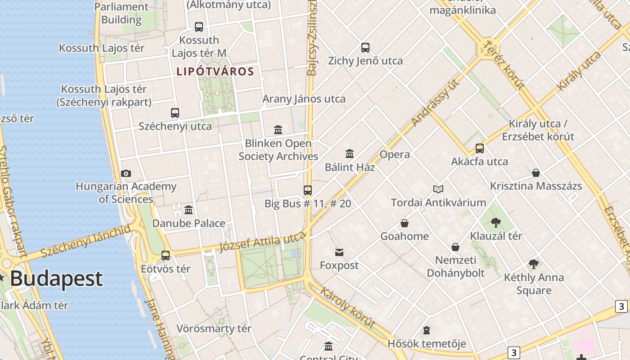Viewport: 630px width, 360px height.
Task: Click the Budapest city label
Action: [57, 279]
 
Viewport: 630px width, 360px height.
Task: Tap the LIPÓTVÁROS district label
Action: [215, 72]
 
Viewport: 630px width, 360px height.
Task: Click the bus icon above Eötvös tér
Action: [166, 256]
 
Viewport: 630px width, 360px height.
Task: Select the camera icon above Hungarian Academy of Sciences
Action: [126, 173]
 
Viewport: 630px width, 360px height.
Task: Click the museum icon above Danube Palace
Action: [189, 210]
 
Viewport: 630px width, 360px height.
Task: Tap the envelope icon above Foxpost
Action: [339, 252]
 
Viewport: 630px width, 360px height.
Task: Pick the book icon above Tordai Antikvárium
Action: [438, 189]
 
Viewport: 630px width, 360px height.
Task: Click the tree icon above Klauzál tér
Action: [496, 222]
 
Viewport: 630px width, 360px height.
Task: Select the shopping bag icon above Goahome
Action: [405, 223]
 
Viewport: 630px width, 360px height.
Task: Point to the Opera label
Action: [395, 155]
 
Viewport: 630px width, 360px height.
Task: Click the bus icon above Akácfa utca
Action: [480, 148]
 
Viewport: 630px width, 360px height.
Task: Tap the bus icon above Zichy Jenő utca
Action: [365, 47]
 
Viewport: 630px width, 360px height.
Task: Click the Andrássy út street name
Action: [436, 103]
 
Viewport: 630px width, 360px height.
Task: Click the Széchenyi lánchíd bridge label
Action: [85, 241]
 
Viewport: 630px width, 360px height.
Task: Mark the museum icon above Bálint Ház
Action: [350, 154]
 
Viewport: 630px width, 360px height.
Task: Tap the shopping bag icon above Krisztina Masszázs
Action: [536, 173]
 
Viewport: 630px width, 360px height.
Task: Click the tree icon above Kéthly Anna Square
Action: [534, 264]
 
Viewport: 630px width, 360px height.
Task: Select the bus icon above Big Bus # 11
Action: [308, 190]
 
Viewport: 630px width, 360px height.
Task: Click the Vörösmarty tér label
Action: [214, 328]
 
